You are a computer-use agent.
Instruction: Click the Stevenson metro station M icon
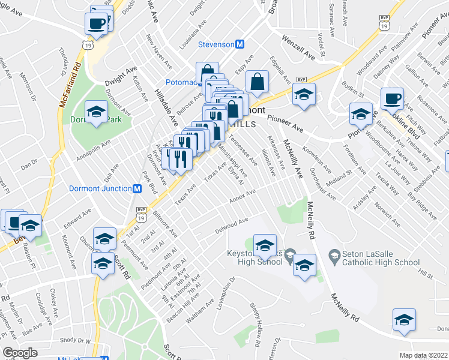coord(240,44)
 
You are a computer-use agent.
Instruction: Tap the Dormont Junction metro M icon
coord(136,188)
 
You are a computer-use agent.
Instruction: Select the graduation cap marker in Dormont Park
coord(96,112)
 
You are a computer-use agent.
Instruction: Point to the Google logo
coord(20,353)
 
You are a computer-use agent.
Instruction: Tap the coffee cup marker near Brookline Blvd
coord(392,97)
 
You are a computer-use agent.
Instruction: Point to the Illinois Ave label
coord(268,160)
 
